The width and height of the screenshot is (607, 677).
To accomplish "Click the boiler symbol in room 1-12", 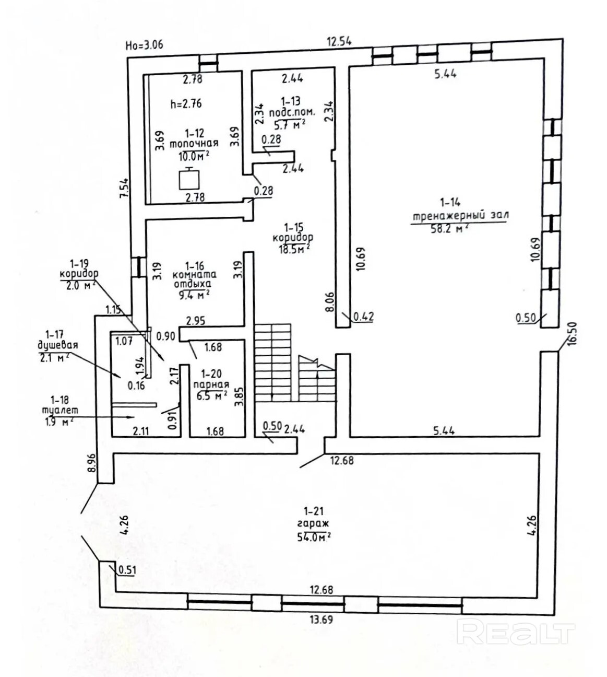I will click(189, 179).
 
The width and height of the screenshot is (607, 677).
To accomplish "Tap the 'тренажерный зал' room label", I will click(459, 215).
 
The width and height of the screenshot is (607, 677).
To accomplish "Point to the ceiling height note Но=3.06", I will click(145, 44).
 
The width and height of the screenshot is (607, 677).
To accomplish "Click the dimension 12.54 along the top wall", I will click(339, 42).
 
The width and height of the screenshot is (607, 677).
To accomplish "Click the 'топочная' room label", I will click(194, 143).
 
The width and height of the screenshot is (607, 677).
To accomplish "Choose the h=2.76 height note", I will click(186, 103).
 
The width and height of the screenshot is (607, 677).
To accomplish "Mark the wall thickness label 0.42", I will click(364, 316).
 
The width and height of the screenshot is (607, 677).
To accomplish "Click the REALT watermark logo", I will click(515, 633).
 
